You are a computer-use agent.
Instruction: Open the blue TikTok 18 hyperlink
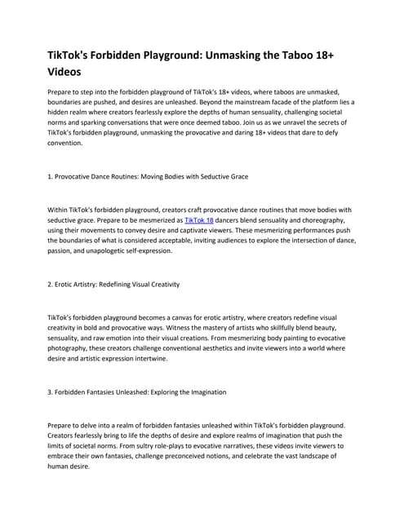pos(198,221)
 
